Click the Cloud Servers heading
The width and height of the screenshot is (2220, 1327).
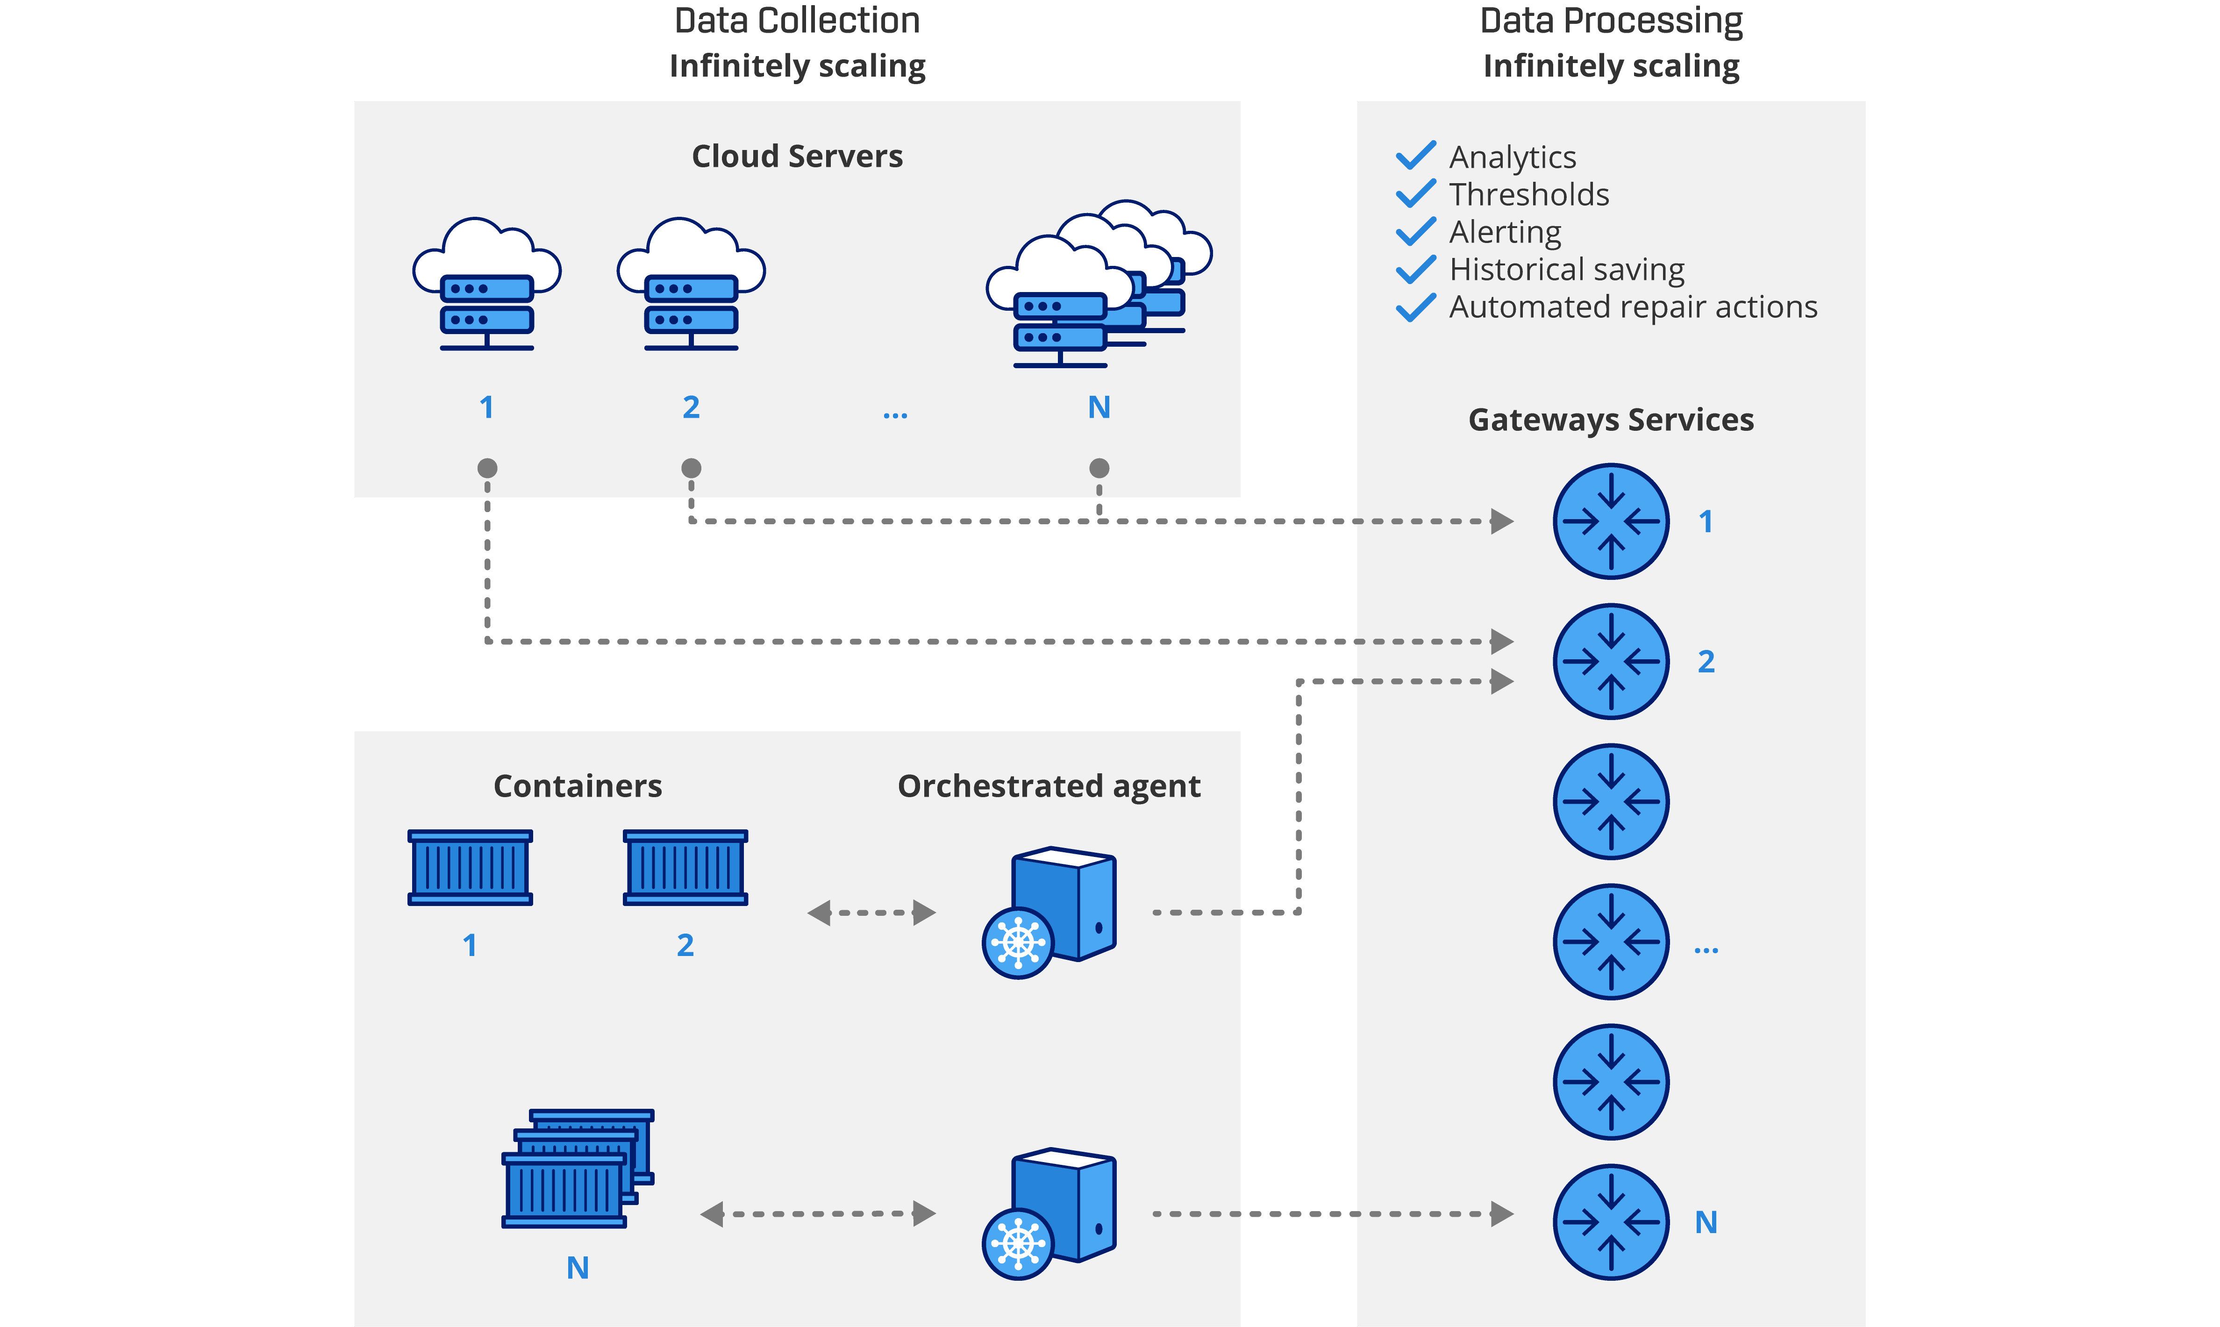tap(797, 157)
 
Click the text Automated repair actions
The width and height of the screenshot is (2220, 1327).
tap(1633, 307)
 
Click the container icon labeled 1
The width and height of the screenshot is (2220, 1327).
tap(470, 867)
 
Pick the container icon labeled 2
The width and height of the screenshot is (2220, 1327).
tap(685, 867)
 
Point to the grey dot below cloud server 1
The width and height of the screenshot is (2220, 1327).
tap(487, 468)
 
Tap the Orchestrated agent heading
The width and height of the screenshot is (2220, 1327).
tap(1048, 786)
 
